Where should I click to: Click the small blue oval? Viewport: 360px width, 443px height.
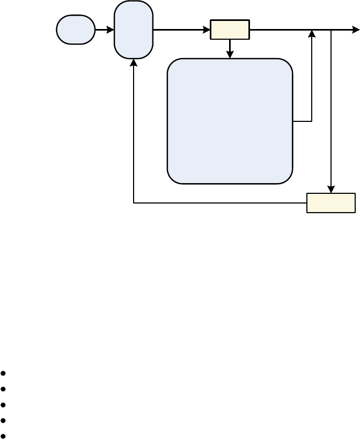coord(76,30)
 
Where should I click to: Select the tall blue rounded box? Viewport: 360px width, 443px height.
coord(134,30)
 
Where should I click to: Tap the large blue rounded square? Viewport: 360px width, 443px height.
coord(230,121)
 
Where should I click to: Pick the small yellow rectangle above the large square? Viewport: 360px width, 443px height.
coord(230,30)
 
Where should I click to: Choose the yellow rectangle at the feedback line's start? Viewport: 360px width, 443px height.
coord(330,203)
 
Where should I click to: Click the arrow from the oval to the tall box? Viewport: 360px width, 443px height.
coord(105,30)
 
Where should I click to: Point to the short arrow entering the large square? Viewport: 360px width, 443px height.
coord(230,49)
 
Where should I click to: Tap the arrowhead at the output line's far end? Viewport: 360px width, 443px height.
coord(356,30)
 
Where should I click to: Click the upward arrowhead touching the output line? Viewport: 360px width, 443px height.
coord(312,34)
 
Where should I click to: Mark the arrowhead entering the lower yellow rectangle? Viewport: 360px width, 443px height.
coord(331,190)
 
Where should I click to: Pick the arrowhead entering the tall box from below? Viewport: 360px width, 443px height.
coord(134,62)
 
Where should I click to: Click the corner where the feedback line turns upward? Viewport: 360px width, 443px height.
coord(134,203)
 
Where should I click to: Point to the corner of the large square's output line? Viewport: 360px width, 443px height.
coord(312,121)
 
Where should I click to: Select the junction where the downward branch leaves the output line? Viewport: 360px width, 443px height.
coord(331,30)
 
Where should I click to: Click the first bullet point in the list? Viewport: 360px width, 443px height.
coord(4,373)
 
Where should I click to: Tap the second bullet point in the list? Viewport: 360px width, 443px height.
coord(4,388)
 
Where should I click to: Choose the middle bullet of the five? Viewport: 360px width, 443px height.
coord(4,404)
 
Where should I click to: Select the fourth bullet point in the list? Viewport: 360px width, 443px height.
coord(4,420)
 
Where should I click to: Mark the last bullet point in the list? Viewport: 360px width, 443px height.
coord(4,435)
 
